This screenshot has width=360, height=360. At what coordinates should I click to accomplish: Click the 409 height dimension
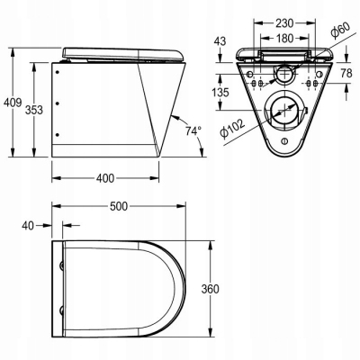click(13, 103)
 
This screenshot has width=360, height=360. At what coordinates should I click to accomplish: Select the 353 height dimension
click(33, 110)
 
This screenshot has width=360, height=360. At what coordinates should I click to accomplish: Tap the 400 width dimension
click(105, 178)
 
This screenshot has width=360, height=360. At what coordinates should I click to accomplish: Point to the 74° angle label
click(193, 131)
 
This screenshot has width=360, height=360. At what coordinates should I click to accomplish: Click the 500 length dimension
click(119, 206)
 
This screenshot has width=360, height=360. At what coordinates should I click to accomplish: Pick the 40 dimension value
click(28, 226)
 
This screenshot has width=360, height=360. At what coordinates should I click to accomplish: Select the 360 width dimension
click(210, 289)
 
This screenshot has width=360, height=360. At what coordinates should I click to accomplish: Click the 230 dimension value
click(284, 22)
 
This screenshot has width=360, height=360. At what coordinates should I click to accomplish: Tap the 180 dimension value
click(284, 38)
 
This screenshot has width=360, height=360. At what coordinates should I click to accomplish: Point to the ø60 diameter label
click(340, 31)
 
